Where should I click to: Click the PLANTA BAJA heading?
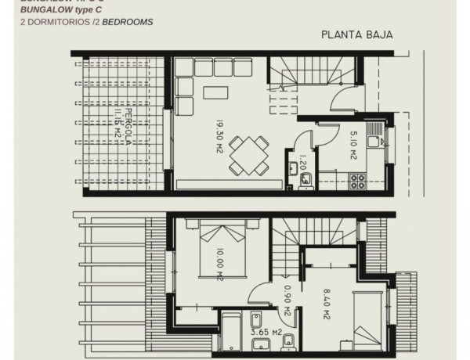pos(356,35)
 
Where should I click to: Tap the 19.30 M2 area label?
pos(222,136)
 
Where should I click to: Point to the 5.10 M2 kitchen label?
pos(353,146)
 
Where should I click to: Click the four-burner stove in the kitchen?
pos(360,182)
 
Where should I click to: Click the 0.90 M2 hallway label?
pos(288,301)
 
